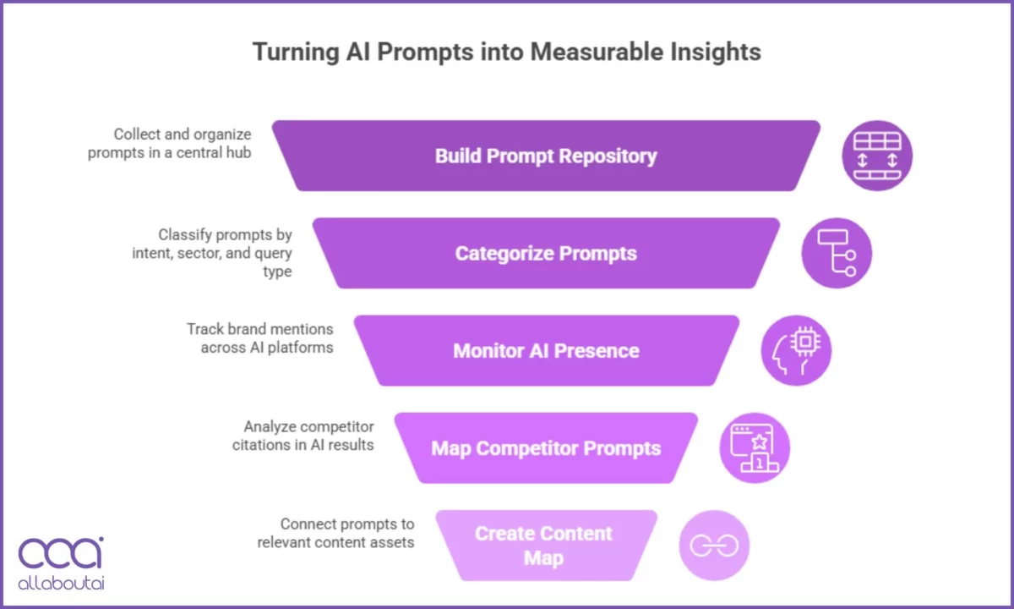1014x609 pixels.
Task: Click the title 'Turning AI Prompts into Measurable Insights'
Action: (x=506, y=52)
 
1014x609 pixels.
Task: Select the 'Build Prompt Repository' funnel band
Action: (x=546, y=156)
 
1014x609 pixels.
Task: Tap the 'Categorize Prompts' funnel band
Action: (x=546, y=254)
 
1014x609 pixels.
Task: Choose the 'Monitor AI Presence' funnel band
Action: (x=546, y=351)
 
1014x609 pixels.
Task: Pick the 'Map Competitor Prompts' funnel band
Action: (x=546, y=448)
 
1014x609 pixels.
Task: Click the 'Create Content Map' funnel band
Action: (x=544, y=546)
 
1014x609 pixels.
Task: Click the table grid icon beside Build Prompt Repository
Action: (x=877, y=156)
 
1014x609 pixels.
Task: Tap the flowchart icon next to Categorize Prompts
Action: (x=837, y=253)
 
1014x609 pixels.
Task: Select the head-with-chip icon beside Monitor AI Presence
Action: (x=796, y=350)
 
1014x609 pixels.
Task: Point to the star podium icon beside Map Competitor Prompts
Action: (x=755, y=447)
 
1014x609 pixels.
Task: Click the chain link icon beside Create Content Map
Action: (x=714, y=546)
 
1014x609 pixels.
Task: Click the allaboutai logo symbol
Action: (x=61, y=553)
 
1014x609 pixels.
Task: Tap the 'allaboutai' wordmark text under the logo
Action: (x=61, y=583)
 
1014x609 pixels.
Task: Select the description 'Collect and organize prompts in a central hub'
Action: (x=170, y=143)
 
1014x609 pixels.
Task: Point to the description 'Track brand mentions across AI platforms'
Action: (x=260, y=337)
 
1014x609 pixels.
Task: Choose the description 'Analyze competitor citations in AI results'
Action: (x=303, y=435)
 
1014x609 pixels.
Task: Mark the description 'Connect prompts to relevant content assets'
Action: (x=335, y=532)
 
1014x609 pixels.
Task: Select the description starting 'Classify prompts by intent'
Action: (x=212, y=253)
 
